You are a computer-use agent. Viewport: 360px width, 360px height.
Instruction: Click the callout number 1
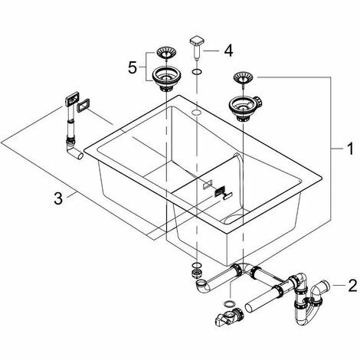351,149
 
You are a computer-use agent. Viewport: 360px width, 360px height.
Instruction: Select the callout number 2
352,285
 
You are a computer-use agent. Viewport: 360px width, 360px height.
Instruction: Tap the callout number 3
58,198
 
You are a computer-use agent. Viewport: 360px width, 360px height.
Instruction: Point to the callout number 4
228,51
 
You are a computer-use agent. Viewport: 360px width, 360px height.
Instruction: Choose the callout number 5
133,67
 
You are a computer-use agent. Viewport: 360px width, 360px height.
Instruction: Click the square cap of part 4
197,41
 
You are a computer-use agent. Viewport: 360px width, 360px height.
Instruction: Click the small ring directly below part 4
197,72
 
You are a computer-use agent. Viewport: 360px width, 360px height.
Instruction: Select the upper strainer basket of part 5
165,52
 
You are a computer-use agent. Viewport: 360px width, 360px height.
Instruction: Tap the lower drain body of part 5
166,78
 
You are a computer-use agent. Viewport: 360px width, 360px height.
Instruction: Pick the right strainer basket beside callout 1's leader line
243,77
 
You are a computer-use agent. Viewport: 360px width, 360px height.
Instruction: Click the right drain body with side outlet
244,108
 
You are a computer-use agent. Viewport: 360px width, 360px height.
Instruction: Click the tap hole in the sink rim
196,112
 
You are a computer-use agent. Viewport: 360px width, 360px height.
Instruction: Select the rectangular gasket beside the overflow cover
83,106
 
